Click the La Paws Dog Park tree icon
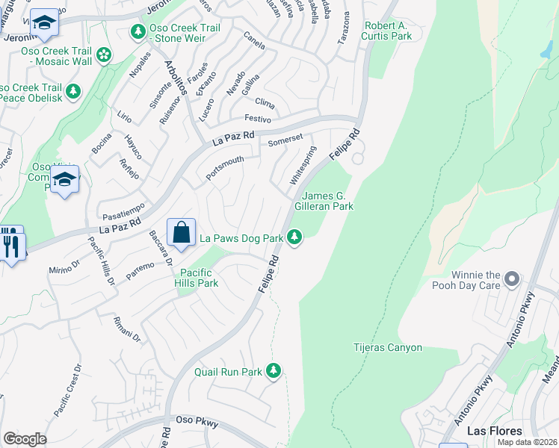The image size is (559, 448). [x=295, y=238]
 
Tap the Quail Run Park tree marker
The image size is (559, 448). [x=274, y=370]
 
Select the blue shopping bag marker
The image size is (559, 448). [x=182, y=232]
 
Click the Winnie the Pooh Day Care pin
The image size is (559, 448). [x=512, y=279]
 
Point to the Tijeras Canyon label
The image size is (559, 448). [x=387, y=348]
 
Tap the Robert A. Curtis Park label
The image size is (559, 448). [x=388, y=31]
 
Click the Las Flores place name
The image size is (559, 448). [x=494, y=431]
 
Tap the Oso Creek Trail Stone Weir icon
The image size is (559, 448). [x=138, y=32]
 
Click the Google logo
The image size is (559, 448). [x=25, y=439]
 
